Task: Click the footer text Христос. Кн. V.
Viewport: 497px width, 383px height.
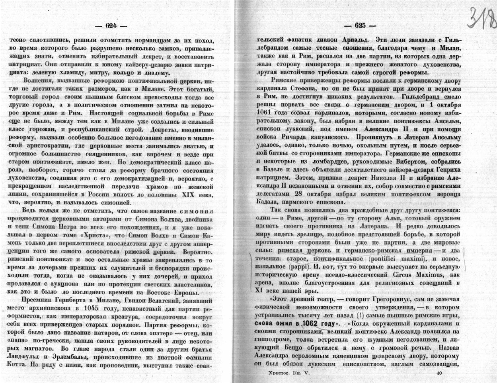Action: pos(282,373)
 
